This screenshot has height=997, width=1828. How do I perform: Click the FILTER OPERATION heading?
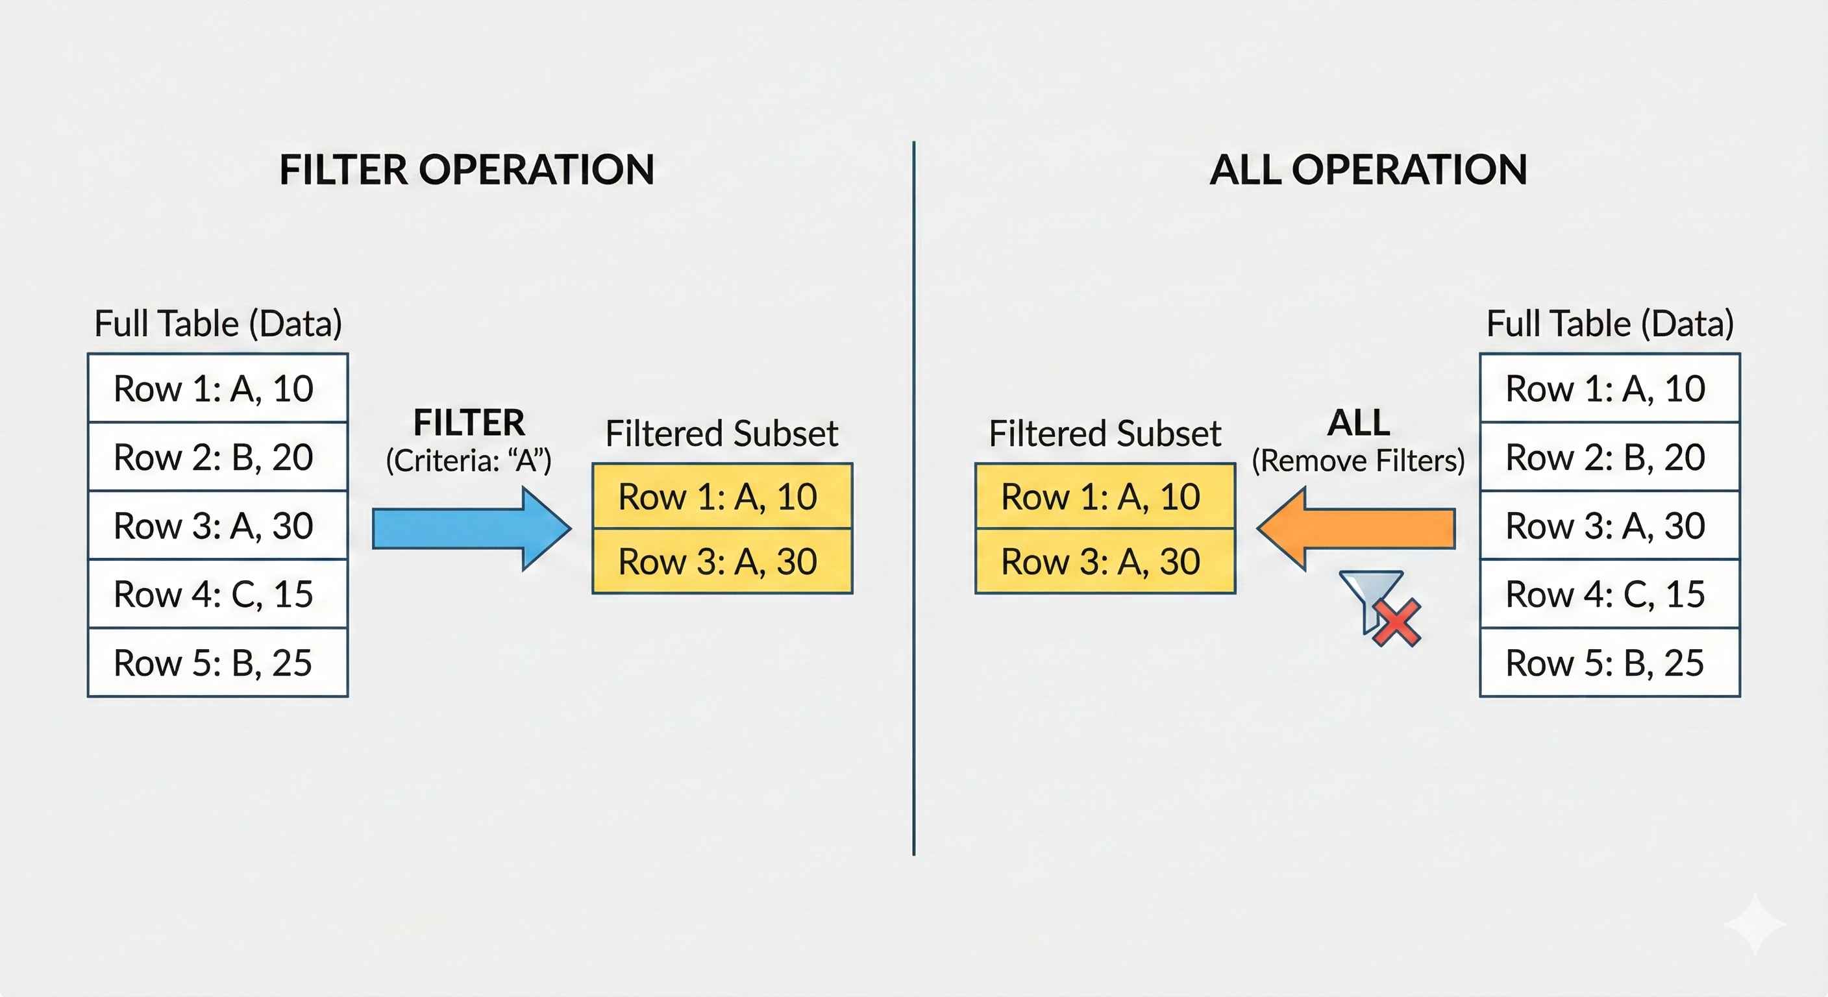[x=467, y=170]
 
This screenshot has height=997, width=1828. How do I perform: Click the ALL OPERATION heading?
[x=1368, y=170]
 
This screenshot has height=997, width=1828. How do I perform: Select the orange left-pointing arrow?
[x=1356, y=528]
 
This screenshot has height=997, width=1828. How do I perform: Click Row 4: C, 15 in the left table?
[x=218, y=594]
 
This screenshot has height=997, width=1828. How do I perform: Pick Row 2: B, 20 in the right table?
[x=1609, y=457]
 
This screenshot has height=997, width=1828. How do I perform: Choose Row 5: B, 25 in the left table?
[x=218, y=663]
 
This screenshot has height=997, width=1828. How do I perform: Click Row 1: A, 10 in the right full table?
[x=1609, y=388]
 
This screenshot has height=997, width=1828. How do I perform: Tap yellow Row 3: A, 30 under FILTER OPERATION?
[x=723, y=561]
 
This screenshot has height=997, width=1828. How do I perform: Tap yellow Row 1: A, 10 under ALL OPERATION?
[x=1105, y=496]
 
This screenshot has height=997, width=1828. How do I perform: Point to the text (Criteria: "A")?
[x=468, y=462]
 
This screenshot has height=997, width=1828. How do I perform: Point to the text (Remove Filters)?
[x=1358, y=462]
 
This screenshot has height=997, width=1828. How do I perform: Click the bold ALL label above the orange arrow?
[x=1358, y=423]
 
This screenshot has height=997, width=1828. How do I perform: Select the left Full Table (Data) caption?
[x=218, y=324]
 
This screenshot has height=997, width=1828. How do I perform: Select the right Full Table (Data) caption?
[x=1609, y=324]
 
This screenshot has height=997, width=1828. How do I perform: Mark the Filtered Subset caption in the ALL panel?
[x=1105, y=434]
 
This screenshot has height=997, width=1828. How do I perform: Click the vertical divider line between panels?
[x=914, y=497]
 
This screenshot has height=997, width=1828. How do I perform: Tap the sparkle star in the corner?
[x=1755, y=923]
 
